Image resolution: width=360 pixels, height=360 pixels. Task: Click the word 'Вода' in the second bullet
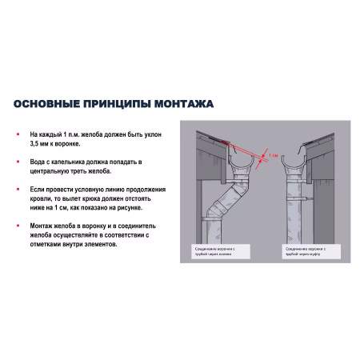38,162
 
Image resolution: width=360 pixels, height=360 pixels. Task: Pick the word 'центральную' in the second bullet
50,171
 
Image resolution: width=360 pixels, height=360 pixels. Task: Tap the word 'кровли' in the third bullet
40,198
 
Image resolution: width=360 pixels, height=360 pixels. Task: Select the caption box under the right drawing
307,250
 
